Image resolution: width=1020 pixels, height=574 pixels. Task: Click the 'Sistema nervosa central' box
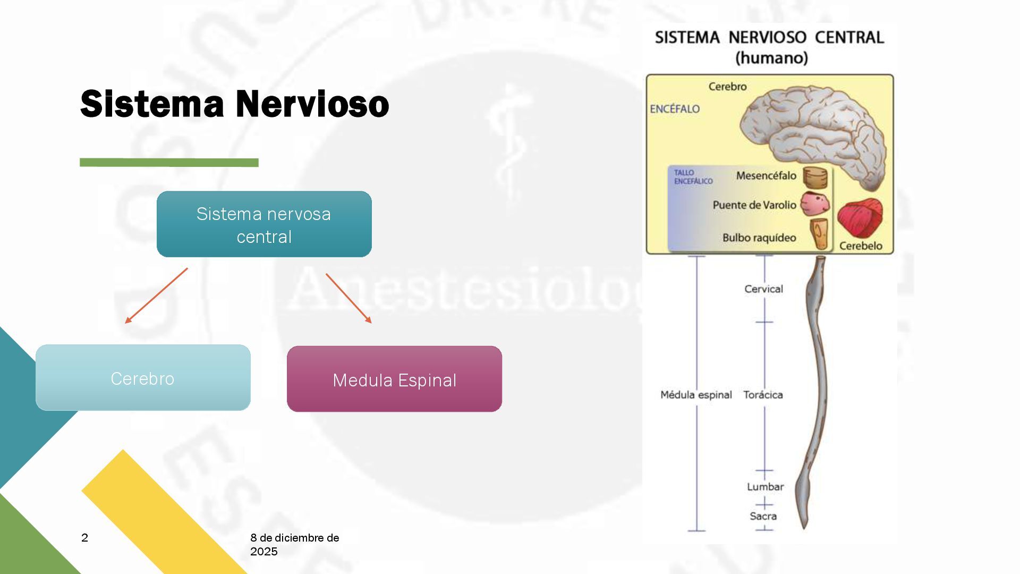264,224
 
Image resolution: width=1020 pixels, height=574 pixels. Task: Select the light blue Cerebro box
143,378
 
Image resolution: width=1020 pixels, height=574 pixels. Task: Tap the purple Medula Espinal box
394,379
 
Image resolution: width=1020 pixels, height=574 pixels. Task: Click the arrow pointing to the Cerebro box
156,296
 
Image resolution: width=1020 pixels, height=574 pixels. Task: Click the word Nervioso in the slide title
312,104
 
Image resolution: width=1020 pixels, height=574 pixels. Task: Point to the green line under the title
169,163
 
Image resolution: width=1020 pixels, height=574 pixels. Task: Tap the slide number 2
85,538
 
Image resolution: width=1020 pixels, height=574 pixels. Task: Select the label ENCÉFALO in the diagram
675,109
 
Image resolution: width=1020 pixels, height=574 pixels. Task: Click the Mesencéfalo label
766,176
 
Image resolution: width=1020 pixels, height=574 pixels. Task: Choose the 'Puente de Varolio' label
754,205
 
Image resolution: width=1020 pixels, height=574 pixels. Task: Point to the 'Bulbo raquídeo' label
759,238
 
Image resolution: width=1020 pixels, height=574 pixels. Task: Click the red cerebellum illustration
860,218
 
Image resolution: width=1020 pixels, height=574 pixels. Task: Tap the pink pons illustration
814,204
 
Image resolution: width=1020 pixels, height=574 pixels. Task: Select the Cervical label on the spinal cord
763,289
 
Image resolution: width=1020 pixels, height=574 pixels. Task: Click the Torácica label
763,395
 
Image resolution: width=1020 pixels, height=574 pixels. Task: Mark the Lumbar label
765,487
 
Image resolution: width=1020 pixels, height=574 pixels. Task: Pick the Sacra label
763,516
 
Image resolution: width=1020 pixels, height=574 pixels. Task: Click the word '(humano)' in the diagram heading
771,57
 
